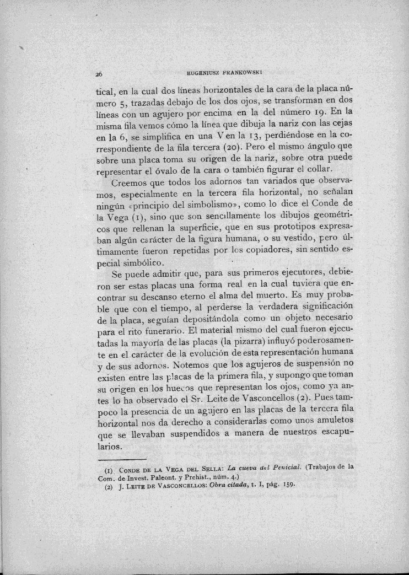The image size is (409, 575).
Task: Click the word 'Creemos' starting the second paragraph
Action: (129, 183)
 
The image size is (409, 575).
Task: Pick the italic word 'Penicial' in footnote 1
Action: (282, 467)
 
